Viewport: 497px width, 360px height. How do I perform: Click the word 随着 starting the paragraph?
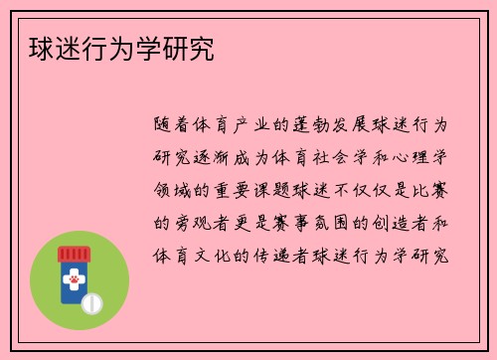[x=174, y=125]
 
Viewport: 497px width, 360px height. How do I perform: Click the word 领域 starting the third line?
[x=174, y=189]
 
